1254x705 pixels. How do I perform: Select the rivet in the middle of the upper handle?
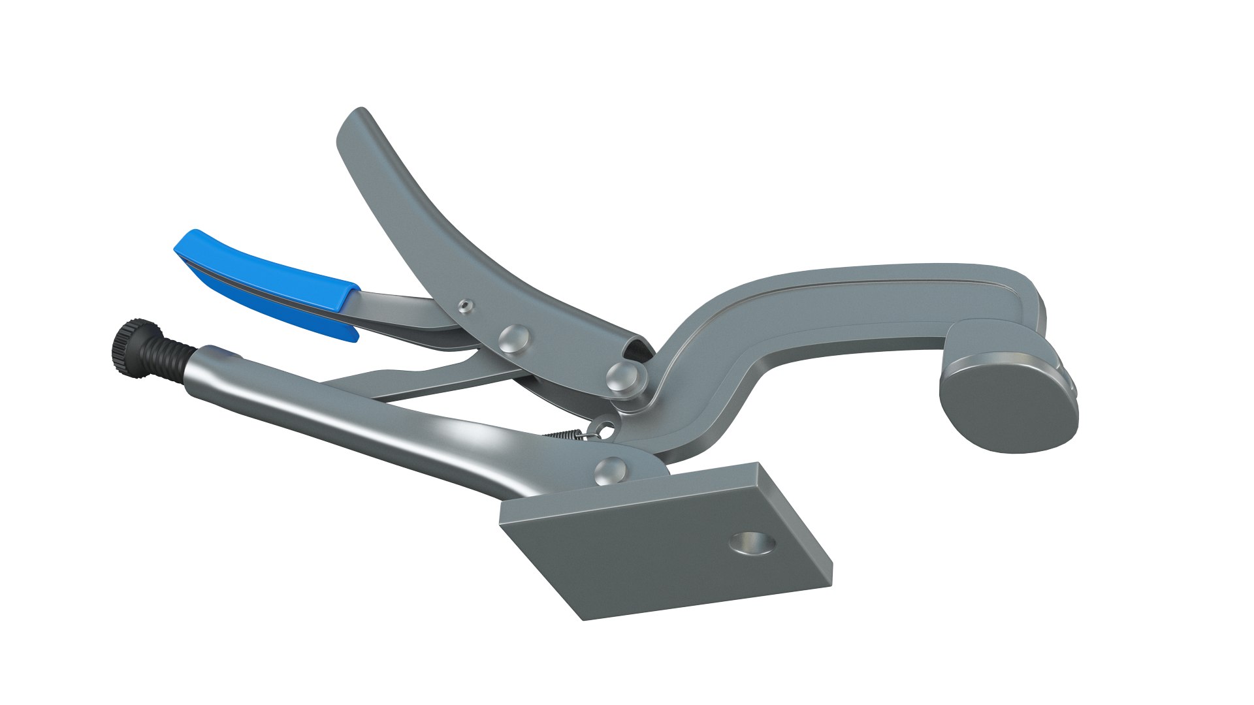pyautogui.click(x=512, y=338)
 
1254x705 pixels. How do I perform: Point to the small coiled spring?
pyautogui.click(x=566, y=434)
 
